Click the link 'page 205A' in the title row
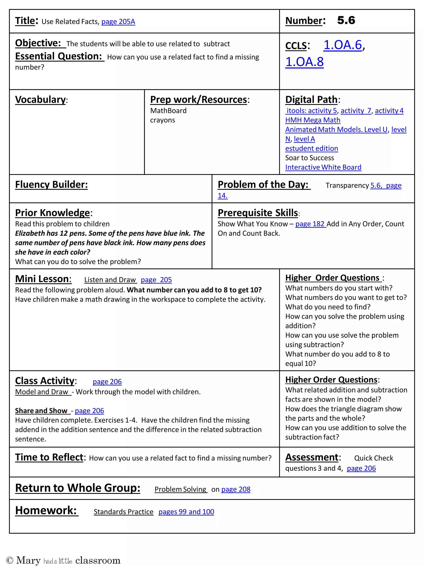[118, 22]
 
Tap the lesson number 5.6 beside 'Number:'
[346, 21]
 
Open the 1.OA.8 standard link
[304, 62]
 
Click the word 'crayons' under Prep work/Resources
[163, 120]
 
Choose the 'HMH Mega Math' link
[313, 120]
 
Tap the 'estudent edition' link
[311, 148]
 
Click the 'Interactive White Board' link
[323, 167]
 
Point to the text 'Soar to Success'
[309, 158]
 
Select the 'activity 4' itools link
[389, 111]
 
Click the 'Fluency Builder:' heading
[51, 185]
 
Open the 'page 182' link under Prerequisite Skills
[310, 224]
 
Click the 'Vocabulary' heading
[40, 99]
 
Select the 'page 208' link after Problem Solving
[236, 489]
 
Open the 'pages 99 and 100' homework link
[186, 512]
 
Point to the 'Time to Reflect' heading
[49, 457]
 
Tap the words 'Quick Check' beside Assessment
[373, 458]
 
